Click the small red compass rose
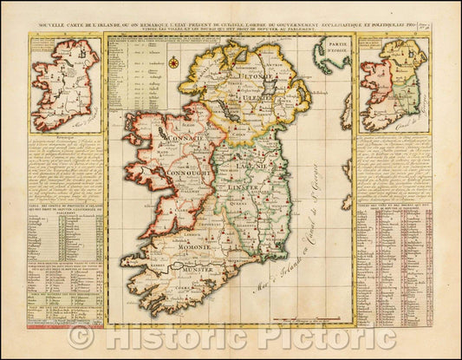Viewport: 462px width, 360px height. (x=173, y=62)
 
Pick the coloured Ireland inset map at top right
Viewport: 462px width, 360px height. (x=394, y=87)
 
